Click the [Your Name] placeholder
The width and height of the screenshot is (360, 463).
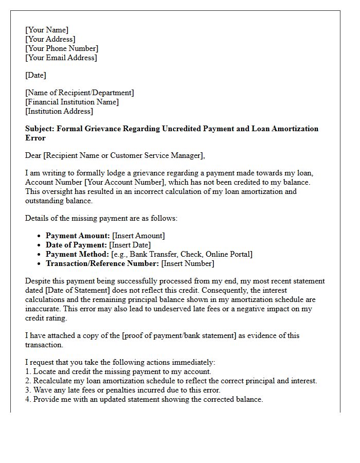coord(47,30)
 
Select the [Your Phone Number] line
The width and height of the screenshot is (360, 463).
coord(62,48)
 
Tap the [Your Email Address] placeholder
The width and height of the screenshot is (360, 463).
coord(61,58)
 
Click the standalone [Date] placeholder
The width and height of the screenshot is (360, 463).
coord(35,75)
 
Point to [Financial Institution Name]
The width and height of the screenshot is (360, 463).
coord(72,102)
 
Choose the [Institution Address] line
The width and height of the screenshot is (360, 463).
coord(59,111)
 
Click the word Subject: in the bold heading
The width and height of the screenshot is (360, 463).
coord(40,129)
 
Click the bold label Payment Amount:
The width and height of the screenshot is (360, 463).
coord(78,236)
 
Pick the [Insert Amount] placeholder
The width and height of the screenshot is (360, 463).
coord(138,236)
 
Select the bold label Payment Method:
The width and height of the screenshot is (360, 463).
coord(77,254)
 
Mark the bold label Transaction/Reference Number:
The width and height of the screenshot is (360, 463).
coord(102,263)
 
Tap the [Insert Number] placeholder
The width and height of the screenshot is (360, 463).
coord(188,263)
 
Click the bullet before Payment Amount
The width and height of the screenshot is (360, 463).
coord(40,236)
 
